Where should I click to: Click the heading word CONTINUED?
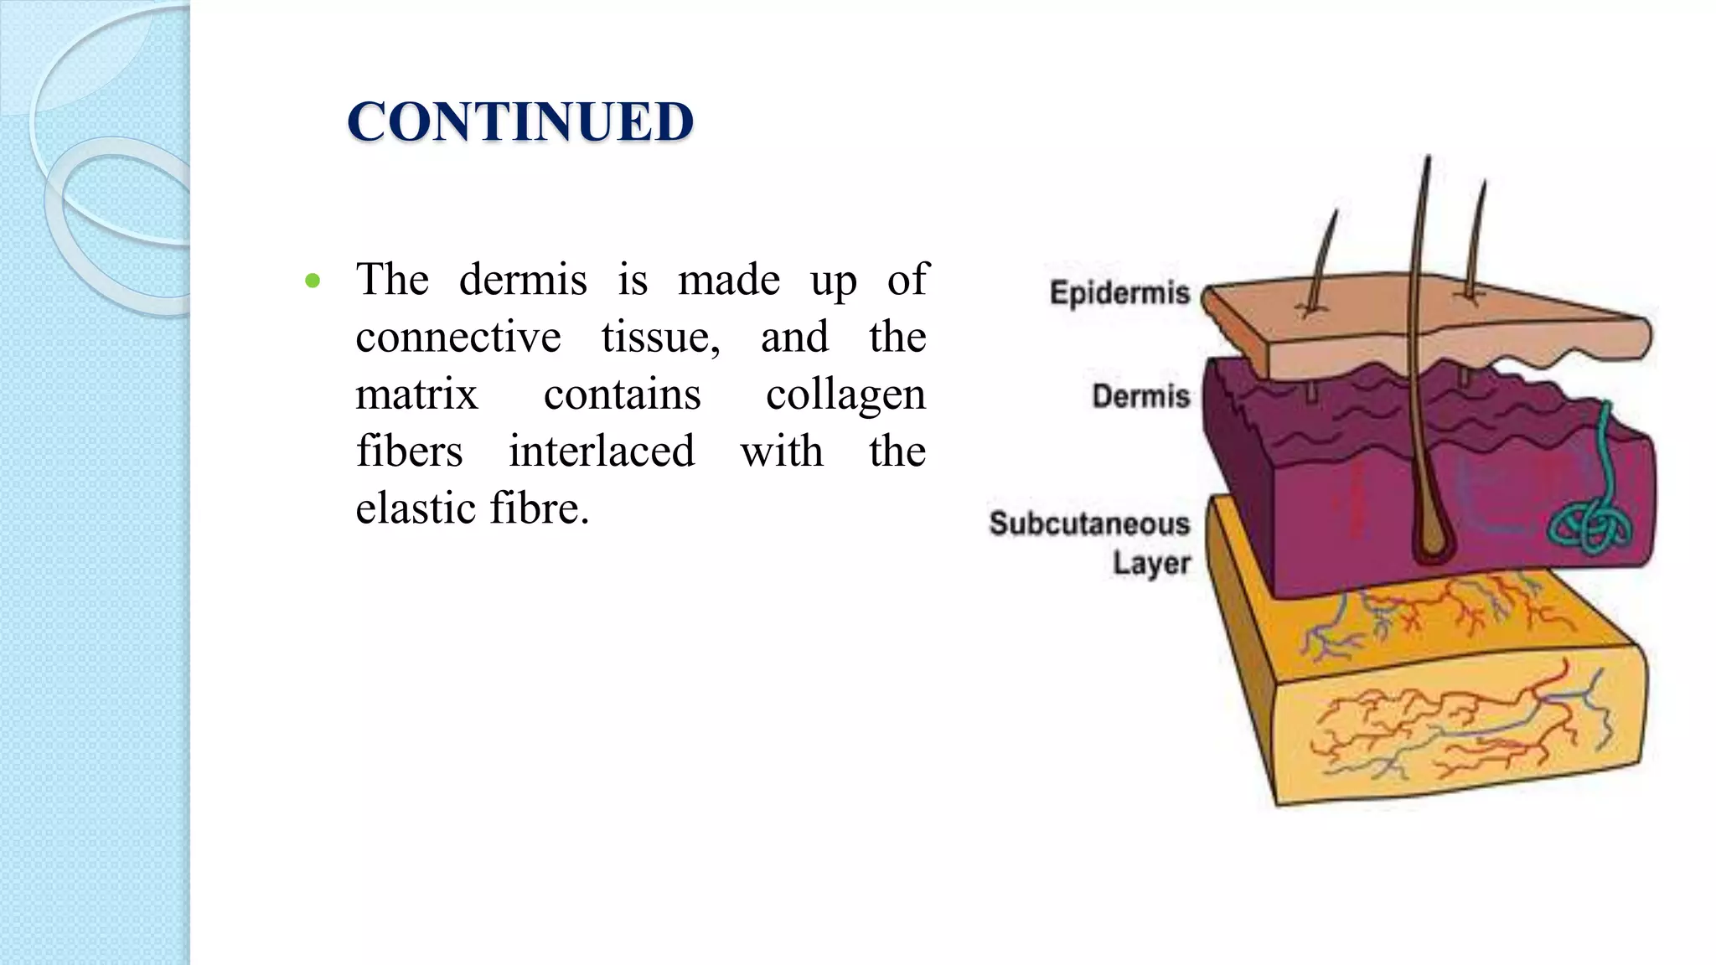click(x=520, y=121)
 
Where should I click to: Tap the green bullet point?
click(x=313, y=281)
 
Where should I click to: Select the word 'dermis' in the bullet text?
click(x=523, y=279)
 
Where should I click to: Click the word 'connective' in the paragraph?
click(x=458, y=337)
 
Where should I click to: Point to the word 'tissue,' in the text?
click(x=660, y=337)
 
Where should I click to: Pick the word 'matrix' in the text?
click(x=416, y=394)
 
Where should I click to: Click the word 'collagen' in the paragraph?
click(x=845, y=395)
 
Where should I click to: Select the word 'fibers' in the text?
click(x=409, y=451)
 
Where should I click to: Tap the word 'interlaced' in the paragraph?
click(x=602, y=451)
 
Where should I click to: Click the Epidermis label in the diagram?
click(x=1119, y=293)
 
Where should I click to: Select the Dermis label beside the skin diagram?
click(x=1140, y=395)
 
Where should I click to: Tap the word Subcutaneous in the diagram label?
click(x=1089, y=524)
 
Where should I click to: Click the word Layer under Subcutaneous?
click(x=1151, y=563)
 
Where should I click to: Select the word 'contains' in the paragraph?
click(x=622, y=394)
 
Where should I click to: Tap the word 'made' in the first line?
click(x=729, y=279)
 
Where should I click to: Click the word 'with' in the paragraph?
click(x=781, y=451)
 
